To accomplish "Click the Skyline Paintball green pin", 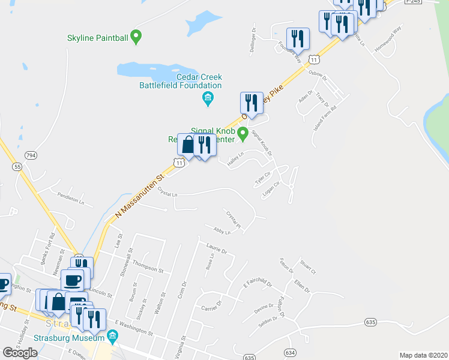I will tap(136, 37).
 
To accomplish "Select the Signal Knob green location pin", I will tap(243, 133).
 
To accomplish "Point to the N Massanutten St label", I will tap(137, 198).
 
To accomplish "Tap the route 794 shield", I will tap(31, 155).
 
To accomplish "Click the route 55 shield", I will tap(17, 166).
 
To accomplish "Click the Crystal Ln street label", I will tap(167, 193).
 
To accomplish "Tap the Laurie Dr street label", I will tap(216, 248).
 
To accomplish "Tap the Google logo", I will tap(20, 352).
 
